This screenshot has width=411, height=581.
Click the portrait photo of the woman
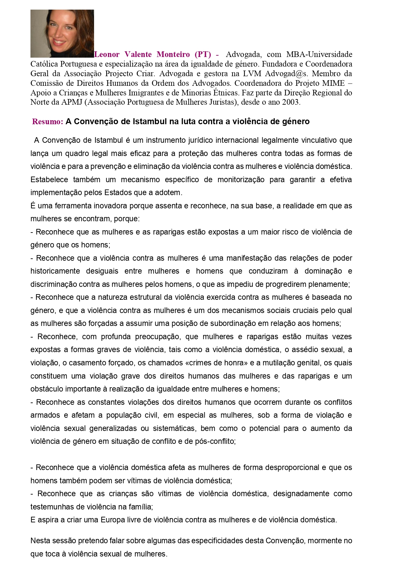62,33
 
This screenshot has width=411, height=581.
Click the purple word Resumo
47,122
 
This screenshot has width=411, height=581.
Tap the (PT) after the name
203,54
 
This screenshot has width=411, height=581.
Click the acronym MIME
333,83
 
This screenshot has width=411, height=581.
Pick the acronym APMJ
72,102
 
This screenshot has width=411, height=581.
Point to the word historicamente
55,271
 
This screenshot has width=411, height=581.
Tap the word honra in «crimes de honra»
234,363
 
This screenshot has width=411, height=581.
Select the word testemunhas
50,507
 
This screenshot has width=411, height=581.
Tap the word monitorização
241,180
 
